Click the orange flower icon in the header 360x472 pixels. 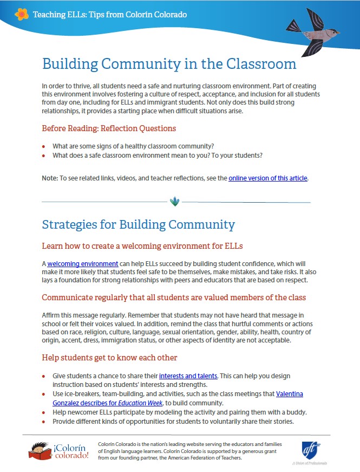coord(22,14)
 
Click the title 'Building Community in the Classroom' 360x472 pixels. coord(169,64)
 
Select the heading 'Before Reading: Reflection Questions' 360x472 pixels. coord(109,128)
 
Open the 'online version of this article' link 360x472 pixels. coord(268,178)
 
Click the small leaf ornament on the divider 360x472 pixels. coord(174,202)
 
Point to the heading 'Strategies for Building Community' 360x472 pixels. coord(138,224)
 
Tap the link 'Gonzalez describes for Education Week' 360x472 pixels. coord(100,403)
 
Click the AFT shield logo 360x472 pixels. coord(311,450)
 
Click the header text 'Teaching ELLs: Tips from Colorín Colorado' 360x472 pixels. coord(110,14)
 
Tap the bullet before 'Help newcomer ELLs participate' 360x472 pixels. coord(44,412)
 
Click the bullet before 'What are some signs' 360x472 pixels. coord(44,147)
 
